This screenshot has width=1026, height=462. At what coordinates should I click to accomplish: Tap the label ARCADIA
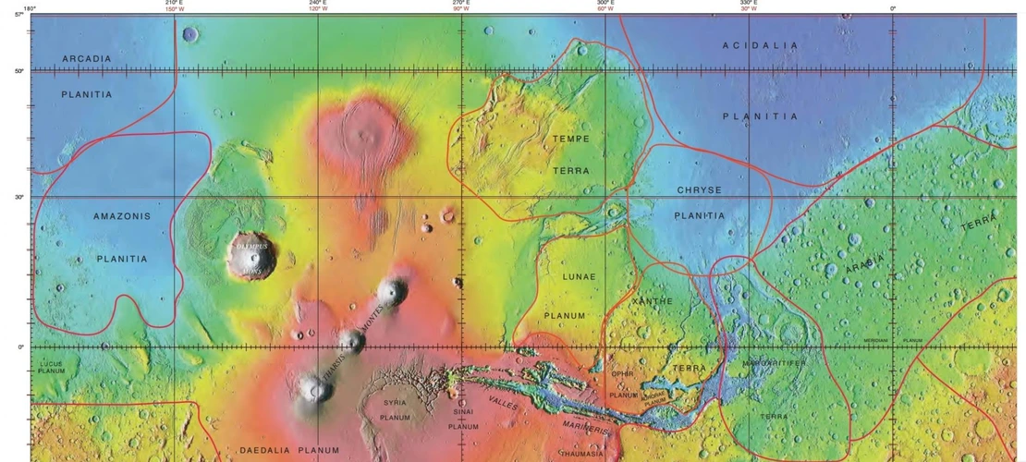pyautogui.click(x=87, y=59)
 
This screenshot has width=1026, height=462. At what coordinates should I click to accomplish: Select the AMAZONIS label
pyautogui.click(x=122, y=216)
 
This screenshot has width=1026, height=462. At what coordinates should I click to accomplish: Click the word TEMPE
pyautogui.click(x=570, y=139)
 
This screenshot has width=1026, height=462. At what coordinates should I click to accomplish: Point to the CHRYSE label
pyautogui.click(x=699, y=190)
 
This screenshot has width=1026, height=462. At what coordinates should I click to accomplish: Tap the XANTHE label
pyautogui.click(x=652, y=301)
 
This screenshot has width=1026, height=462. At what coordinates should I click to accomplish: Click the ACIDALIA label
pyautogui.click(x=760, y=45)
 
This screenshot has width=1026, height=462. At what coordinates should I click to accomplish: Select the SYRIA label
pyautogui.click(x=395, y=403)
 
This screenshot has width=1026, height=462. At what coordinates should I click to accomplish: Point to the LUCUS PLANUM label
pyautogui.click(x=51, y=367)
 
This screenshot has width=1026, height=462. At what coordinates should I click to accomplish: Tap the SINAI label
pyautogui.click(x=463, y=412)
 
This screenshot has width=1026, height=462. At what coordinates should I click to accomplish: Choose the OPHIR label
pyautogui.click(x=622, y=373)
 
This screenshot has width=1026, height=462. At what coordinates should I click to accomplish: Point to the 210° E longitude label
pyautogui.click(x=173, y=4)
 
